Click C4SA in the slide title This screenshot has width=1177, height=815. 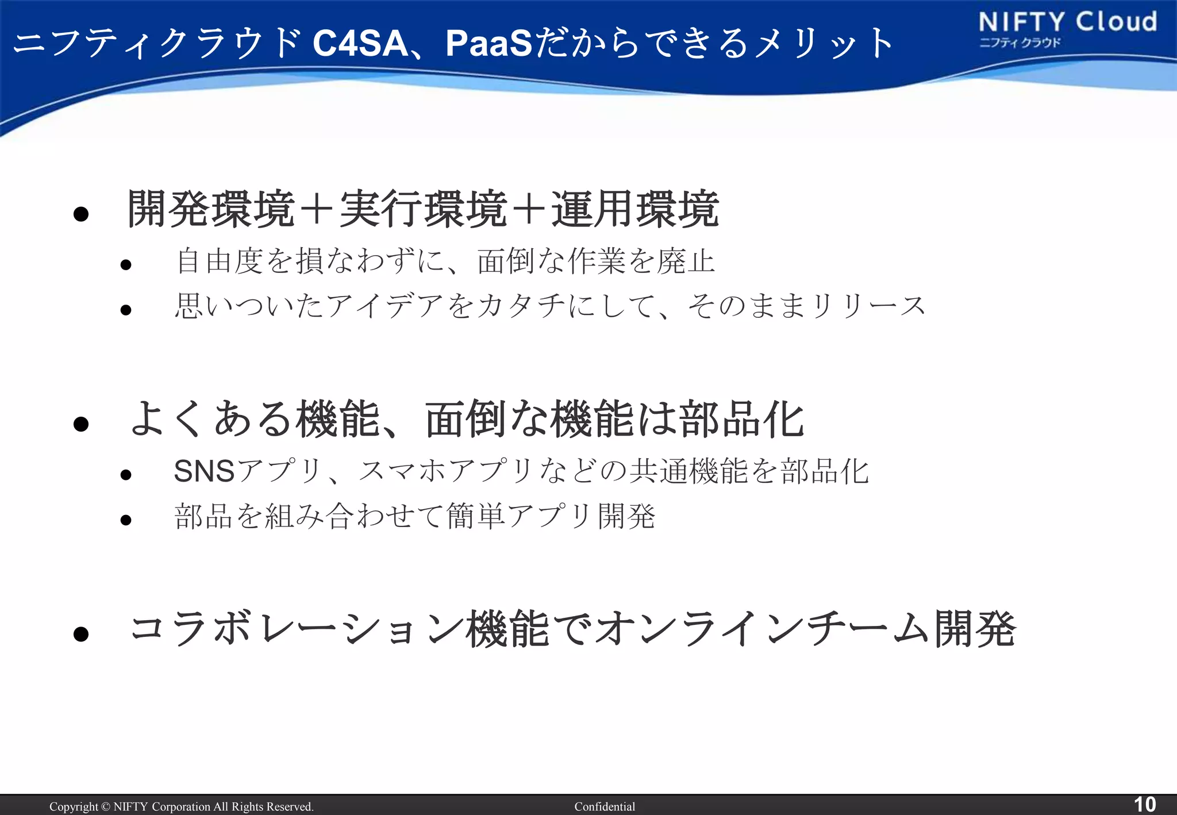[360, 43]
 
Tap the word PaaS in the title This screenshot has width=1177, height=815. [489, 43]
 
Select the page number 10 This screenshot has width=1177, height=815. [1144, 804]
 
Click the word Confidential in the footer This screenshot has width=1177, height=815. [605, 806]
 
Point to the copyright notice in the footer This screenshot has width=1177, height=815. [181, 806]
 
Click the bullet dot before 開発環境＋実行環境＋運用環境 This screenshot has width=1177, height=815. [81, 214]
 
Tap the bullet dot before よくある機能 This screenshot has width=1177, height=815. [81, 424]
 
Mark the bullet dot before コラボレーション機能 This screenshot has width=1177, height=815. [81, 634]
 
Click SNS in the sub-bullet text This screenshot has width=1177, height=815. [205, 471]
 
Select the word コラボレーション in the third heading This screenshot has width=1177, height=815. [296, 629]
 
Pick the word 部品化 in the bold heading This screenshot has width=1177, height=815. [741, 420]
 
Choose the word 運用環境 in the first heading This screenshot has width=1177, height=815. [635, 209]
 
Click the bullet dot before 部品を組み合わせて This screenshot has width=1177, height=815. [126, 520]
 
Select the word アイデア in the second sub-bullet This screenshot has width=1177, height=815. [385, 306]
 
